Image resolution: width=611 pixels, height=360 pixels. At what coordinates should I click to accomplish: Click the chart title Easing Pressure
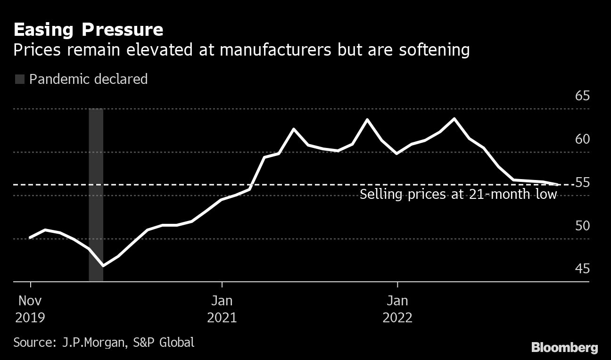[88, 30]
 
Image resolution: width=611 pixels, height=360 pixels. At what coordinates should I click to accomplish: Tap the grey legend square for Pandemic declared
[19, 79]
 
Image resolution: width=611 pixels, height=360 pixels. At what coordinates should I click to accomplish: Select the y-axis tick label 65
[582, 96]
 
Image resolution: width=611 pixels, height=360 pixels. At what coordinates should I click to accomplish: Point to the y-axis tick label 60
[582, 139]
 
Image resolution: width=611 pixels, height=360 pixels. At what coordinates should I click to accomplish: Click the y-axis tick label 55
[582, 182]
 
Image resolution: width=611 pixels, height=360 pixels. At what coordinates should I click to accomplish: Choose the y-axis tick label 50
[582, 226]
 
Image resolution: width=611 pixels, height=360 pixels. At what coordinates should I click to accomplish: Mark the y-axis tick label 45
[582, 269]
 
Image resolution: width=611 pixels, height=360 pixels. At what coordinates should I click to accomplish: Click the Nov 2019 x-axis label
[30, 309]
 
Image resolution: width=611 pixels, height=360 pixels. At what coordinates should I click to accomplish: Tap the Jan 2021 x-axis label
[222, 309]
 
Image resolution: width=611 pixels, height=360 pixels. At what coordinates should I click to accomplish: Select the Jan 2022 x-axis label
[397, 309]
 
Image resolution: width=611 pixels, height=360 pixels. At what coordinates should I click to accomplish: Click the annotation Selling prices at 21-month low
[458, 195]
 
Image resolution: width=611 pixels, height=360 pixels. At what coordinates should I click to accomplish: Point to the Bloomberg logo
[564, 348]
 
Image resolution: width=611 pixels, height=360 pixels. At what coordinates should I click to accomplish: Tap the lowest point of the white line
[102, 266]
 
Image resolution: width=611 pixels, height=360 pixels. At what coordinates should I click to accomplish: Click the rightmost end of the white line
[558, 185]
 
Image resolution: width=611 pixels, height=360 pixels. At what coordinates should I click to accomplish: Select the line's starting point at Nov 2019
[30, 237]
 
